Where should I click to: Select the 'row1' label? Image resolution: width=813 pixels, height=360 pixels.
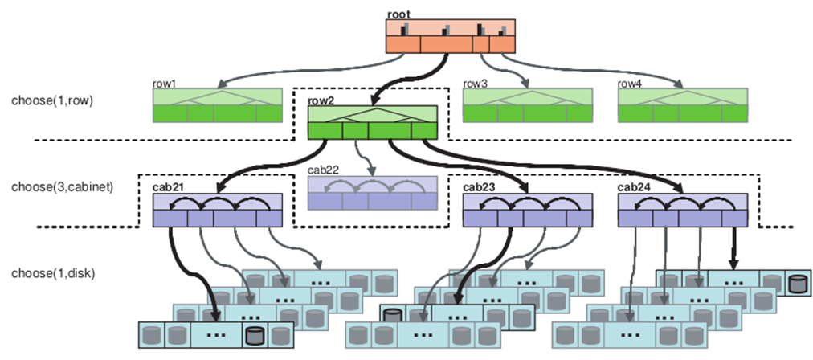164,83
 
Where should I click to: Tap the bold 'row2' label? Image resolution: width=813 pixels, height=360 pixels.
322,101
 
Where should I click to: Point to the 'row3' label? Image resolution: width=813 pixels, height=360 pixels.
475,83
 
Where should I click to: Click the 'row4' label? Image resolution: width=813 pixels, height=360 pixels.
631,83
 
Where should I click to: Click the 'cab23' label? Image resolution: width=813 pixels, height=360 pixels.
480,188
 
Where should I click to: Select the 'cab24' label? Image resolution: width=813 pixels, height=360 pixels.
634,188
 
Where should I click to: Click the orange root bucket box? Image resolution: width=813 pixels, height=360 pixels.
450,36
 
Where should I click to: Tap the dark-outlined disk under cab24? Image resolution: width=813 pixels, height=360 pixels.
797,284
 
